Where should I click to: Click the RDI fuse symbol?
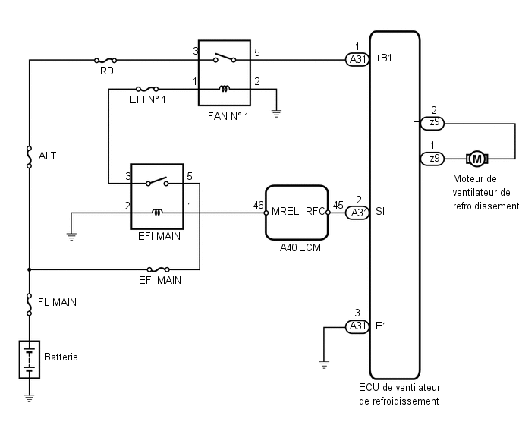click(105, 60)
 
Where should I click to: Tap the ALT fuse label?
click(47, 156)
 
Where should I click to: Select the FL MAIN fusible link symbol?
click(30, 304)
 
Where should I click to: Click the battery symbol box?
click(30, 360)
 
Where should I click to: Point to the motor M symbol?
click(476, 159)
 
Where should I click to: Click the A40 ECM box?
click(297, 212)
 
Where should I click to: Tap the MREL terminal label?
click(285, 211)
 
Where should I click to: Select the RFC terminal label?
click(315, 211)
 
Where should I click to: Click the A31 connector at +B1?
click(357, 60)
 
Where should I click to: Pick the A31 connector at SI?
click(357, 212)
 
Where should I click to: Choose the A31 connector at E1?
click(357, 326)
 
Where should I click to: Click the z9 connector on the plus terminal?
click(432, 123)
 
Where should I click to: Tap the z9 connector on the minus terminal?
click(432, 159)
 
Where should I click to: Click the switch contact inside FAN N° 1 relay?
click(225, 58)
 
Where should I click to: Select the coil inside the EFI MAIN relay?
click(157, 212)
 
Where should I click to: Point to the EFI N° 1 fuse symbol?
click(147, 89)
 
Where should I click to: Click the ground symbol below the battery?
click(30, 398)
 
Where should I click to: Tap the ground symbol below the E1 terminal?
click(324, 364)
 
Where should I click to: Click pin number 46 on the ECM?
click(258, 205)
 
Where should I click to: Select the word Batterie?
click(61, 357)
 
